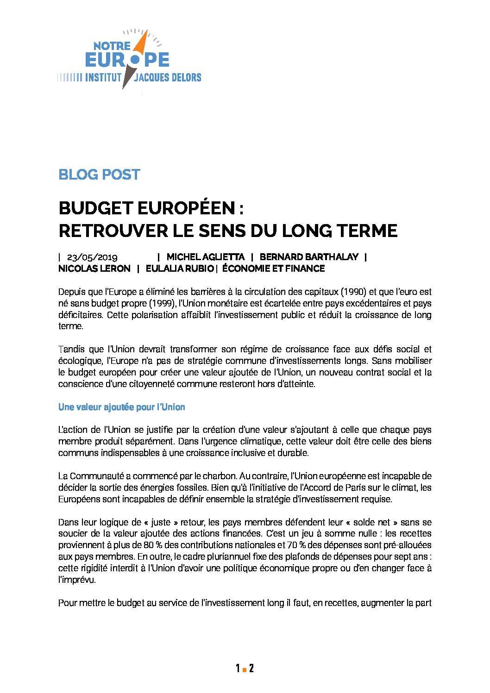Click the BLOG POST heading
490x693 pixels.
(99, 175)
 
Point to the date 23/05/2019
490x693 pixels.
(92, 257)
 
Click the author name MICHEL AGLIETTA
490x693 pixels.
(205, 257)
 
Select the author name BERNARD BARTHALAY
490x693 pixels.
(309, 257)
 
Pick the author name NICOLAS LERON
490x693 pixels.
(94, 268)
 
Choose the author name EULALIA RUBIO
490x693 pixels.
(179, 268)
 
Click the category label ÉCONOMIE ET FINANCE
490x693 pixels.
(273, 268)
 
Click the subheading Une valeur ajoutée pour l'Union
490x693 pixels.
(122, 407)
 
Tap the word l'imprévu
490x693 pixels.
(77, 580)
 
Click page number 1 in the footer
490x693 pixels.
(238, 668)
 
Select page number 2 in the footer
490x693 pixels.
(251, 668)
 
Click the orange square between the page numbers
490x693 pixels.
(244, 669)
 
